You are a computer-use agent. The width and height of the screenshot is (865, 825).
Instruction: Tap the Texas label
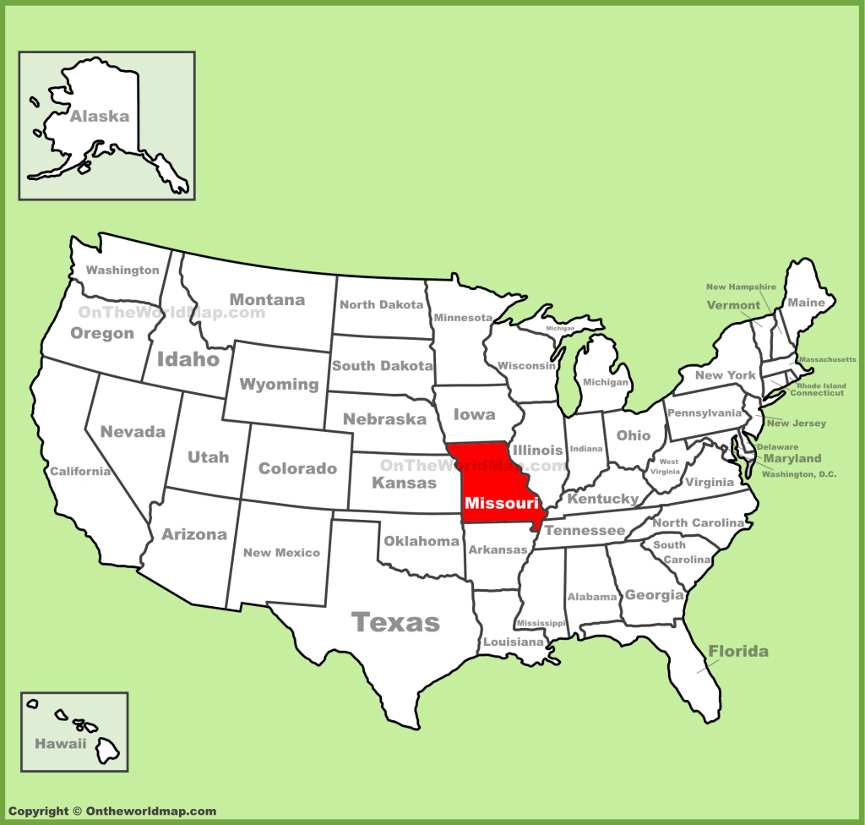(x=395, y=623)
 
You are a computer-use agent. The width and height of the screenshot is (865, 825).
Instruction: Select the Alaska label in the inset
(x=100, y=117)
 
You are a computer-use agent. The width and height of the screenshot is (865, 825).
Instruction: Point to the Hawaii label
(x=60, y=744)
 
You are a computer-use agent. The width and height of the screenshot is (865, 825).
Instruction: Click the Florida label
(x=738, y=651)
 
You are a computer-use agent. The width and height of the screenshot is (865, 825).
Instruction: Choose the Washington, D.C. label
(x=798, y=474)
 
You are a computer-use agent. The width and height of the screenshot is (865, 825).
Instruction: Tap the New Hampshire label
(x=741, y=287)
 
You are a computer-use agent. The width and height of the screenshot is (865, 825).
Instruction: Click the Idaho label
(x=188, y=358)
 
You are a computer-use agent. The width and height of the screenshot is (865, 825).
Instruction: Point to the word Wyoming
(x=279, y=384)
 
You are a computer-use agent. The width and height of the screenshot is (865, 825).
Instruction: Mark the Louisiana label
(x=514, y=642)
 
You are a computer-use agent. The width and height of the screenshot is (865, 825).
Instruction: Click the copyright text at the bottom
(x=112, y=811)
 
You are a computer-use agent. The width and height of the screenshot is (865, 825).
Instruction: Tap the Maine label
(x=806, y=303)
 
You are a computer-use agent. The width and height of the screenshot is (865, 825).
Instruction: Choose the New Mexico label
(x=281, y=553)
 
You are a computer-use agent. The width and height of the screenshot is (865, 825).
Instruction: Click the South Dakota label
(x=382, y=366)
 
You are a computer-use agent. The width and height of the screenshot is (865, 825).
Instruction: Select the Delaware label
(x=777, y=446)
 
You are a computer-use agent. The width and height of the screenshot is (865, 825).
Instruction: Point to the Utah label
(x=208, y=456)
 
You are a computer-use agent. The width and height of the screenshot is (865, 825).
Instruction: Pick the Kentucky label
(x=602, y=499)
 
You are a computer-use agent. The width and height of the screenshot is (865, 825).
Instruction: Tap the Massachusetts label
(x=827, y=359)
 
